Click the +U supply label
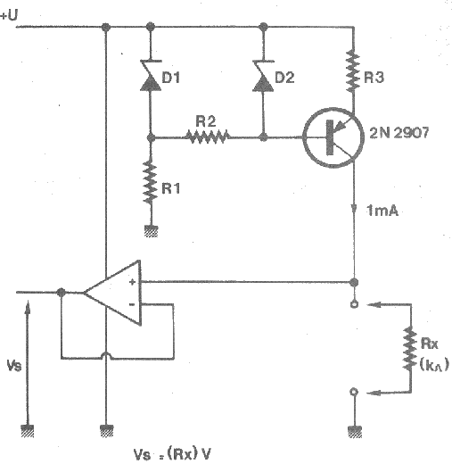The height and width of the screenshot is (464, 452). [9, 15]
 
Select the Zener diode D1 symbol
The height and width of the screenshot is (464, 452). [151, 75]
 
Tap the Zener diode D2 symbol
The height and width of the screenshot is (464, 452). [263, 76]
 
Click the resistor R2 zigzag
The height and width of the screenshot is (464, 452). [208, 137]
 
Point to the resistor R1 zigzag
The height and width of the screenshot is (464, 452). [151, 182]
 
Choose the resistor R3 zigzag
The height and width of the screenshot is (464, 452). [353, 71]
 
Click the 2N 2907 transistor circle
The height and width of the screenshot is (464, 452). [333, 137]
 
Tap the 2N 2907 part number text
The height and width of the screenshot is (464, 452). [399, 133]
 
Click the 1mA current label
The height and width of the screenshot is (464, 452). [382, 211]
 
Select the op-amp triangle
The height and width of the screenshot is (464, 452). [112, 293]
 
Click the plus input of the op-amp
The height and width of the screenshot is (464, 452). [132, 282]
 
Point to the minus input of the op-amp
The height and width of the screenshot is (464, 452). [132, 304]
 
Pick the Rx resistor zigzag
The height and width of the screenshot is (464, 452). [410, 349]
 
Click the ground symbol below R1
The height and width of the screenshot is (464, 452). [151, 231]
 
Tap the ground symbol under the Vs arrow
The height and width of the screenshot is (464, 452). [28, 431]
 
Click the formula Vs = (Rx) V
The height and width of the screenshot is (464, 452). [172, 454]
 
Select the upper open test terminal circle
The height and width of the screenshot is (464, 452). [354, 304]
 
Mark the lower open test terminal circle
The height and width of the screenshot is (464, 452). [353, 392]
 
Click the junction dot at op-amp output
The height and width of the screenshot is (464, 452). [61, 293]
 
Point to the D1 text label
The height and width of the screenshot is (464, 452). [171, 78]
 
